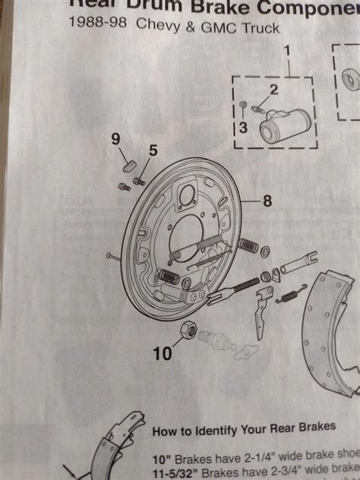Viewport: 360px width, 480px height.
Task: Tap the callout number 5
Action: point(153,150)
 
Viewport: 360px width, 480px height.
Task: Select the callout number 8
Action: point(267,201)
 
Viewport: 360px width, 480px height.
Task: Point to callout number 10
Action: point(162,353)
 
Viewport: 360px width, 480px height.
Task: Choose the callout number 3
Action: point(243,127)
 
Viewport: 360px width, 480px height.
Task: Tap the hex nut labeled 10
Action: point(188,330)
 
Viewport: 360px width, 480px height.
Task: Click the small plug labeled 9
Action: point(128,165)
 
